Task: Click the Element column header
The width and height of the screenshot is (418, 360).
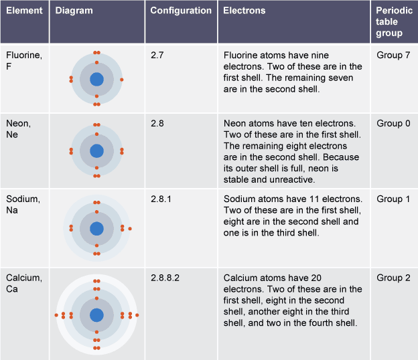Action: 24,11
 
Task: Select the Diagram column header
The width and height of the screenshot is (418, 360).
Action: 74,11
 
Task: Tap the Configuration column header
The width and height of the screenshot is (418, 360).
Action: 181,11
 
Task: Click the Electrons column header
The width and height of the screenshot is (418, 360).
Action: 245,11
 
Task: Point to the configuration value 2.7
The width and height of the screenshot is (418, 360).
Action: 157,55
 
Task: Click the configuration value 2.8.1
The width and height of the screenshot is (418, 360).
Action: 161,199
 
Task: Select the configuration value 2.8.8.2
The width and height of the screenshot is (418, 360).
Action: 165,278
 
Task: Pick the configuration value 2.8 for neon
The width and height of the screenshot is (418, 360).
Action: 157,123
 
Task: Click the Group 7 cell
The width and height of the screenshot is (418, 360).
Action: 393,55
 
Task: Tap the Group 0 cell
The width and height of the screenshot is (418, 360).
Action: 393,123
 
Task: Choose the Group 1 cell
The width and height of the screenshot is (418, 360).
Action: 393,199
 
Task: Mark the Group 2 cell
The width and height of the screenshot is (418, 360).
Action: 393,278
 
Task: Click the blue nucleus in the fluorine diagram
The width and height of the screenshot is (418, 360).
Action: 96,80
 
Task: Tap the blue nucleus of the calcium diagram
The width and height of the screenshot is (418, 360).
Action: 96,315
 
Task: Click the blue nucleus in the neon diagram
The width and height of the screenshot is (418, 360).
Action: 96,151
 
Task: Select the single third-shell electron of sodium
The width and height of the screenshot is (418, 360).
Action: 130,229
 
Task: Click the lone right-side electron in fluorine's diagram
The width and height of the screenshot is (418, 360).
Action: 121,80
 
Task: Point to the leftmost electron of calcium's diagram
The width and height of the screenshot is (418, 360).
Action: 56,315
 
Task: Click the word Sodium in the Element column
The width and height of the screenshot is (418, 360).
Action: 23,199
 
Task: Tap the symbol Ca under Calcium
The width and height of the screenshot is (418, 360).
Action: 12,289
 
